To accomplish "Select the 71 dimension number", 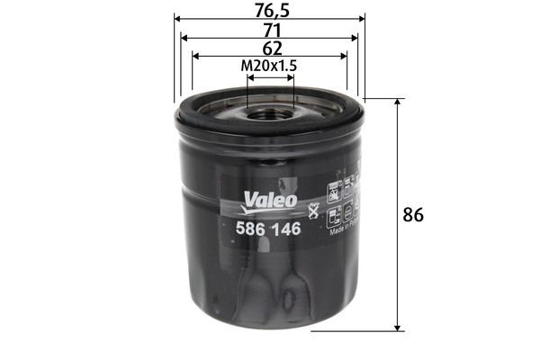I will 269,29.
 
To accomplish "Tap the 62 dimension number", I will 269,47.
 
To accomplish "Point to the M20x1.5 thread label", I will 269,66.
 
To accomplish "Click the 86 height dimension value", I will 413,215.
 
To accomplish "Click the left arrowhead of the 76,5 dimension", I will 177,18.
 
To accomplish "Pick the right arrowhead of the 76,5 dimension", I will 363,18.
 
